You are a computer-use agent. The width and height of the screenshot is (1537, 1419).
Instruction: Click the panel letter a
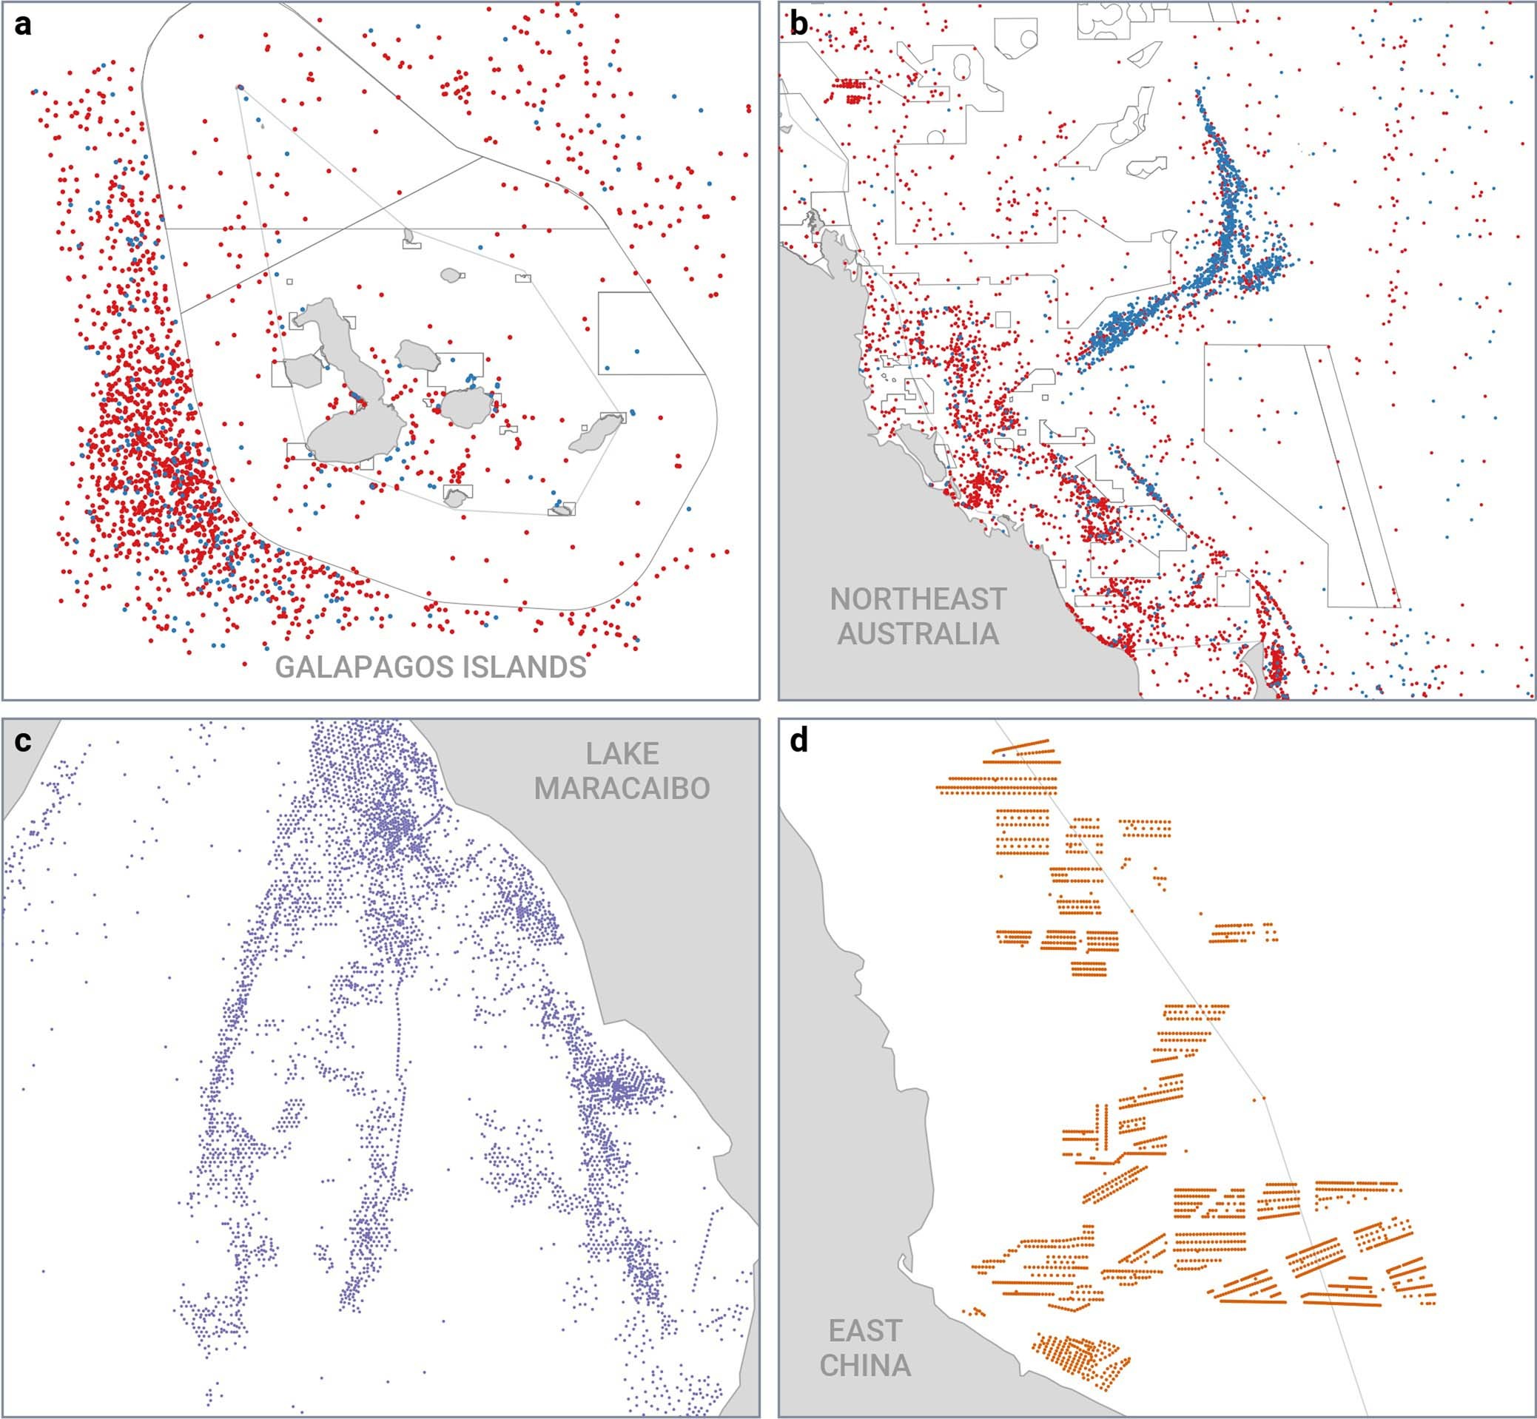23,24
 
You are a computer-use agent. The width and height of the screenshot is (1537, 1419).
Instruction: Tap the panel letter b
799,24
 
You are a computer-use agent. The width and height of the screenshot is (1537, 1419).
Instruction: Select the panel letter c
23,741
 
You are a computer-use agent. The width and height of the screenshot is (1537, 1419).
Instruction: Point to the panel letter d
799,741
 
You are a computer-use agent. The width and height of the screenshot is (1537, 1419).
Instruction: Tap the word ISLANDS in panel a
524,667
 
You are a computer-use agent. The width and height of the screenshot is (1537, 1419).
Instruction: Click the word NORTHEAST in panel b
917,599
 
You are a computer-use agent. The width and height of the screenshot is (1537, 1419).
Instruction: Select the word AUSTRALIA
917,633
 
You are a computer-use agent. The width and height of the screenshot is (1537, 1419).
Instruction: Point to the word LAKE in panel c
622,754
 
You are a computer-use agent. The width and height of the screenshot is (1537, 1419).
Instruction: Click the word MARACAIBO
622,789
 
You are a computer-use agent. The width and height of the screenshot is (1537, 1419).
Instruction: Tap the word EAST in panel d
865,1331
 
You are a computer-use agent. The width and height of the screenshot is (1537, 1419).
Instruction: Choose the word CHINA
865,1365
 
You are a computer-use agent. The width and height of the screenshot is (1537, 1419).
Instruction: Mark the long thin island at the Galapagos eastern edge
595,434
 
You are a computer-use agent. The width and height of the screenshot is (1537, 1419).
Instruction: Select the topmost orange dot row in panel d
1022,746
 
